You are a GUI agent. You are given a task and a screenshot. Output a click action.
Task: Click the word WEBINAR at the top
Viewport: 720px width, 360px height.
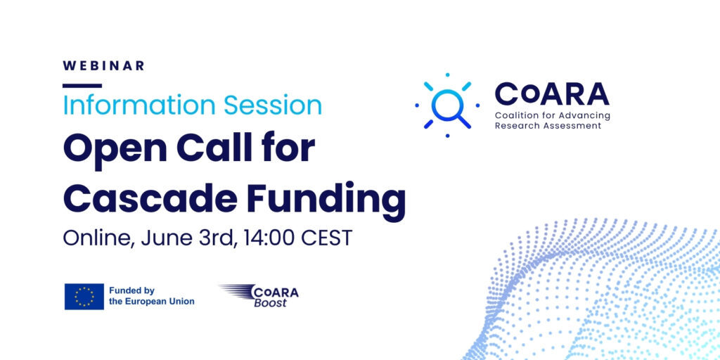[x=103, y=65]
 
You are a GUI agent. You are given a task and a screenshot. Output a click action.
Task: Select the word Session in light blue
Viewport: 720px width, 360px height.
[x=273, y=105]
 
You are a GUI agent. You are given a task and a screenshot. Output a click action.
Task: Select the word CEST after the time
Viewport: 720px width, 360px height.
[x=326, y=238]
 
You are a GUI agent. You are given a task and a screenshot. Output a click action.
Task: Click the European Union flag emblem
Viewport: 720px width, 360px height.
[x=84, y=296]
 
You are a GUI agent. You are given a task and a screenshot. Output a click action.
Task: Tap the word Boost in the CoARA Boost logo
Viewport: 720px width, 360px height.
[x=270, y=303]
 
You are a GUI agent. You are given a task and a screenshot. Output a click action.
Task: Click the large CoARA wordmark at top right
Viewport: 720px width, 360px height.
[x=551, y=94]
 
